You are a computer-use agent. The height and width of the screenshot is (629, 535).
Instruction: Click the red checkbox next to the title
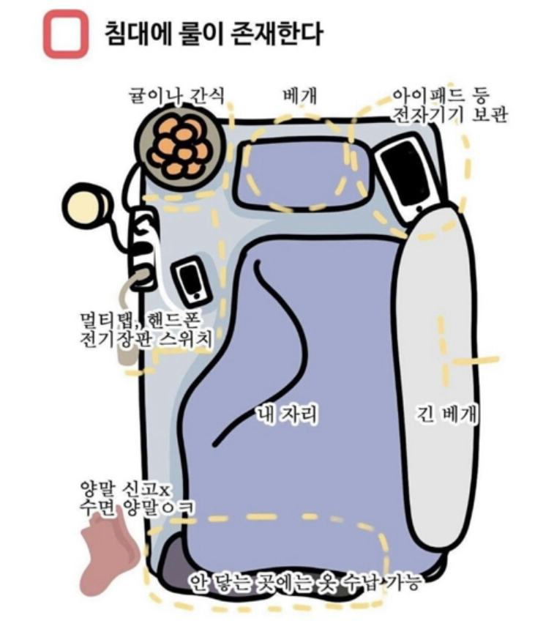pos(66,34)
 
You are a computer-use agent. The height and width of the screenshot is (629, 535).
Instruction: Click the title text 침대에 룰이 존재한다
pos(213,34)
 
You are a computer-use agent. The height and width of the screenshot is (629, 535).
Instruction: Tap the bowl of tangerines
pos(179,145)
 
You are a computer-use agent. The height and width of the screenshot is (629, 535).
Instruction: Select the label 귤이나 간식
pos(176,96)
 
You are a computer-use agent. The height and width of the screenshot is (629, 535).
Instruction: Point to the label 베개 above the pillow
pos(300,96)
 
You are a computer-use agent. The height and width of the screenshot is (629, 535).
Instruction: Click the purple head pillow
pos(302,173)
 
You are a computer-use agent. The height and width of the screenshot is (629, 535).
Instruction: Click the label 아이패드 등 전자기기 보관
pos(449,105)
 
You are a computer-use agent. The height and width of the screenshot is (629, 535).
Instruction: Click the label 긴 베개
pos(447,414)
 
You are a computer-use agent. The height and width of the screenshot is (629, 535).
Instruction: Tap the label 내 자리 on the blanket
pos(287,414)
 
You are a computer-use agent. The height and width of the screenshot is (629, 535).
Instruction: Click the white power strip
pos(143,247)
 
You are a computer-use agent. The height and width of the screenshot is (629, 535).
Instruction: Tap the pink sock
pos(109,552)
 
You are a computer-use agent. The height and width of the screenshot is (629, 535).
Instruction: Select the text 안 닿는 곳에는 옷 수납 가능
pos(305,581)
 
